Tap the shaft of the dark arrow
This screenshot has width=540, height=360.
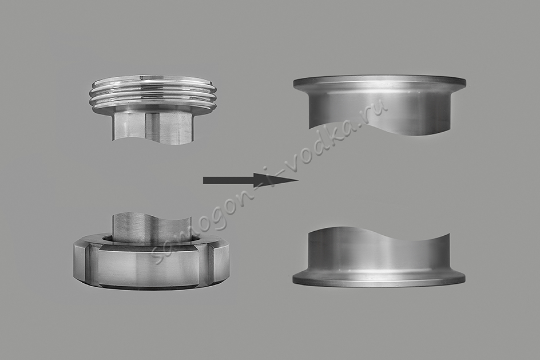[229, 180]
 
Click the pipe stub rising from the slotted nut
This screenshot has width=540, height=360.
[152, 227]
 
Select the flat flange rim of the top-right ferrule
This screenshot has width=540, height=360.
[379, 82]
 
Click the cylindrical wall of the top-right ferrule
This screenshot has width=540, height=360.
[379, 107]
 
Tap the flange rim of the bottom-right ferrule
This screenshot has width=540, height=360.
[379, 278]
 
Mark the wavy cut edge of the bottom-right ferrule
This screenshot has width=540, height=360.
[379, 234]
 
